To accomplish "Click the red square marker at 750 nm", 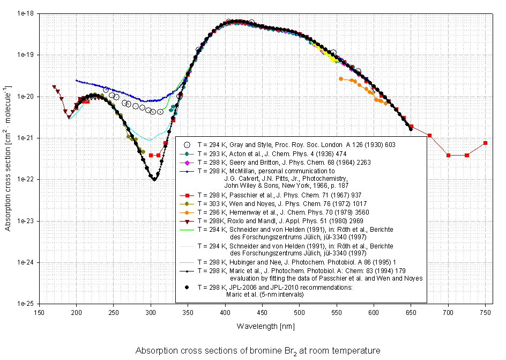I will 485,143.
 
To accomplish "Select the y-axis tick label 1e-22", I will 25,180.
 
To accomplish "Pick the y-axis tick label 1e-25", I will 25,304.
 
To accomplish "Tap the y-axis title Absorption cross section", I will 9,158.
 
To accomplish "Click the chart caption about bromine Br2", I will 258,351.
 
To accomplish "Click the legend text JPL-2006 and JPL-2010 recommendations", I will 276,288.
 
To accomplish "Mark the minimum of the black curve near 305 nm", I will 154,179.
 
